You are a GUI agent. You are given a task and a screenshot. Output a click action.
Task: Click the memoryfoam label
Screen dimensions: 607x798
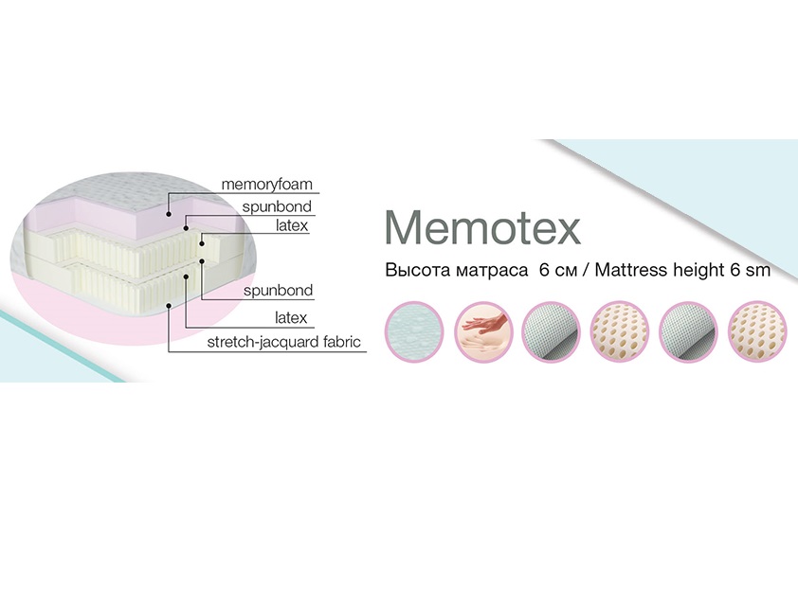click(266, 183)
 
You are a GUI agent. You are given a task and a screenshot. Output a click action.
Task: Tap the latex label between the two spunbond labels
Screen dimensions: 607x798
click(292, 226)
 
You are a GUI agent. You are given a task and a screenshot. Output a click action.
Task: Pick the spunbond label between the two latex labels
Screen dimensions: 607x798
click(278, 290)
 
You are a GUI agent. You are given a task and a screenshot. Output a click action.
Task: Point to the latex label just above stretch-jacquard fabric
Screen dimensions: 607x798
click(292, 317)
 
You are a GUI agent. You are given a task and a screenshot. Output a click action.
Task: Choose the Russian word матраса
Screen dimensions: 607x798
click(487, 271)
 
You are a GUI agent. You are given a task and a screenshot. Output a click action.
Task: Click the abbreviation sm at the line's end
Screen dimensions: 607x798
click(758, 271)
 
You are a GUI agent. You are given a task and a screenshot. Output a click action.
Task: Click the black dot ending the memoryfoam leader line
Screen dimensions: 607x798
click(169, 214)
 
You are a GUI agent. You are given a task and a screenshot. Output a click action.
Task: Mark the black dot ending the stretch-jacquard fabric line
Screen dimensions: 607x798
click(169, 305)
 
